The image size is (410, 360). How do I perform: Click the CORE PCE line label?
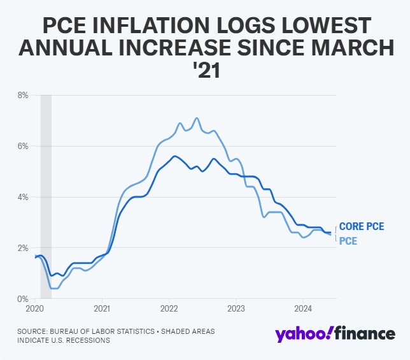pos(362,227)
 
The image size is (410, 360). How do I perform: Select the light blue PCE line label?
pos(348,241)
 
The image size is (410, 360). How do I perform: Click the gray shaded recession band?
pos(46,191)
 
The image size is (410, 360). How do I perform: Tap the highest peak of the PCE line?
pos(197,118)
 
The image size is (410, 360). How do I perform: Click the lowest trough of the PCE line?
pos(55,288)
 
